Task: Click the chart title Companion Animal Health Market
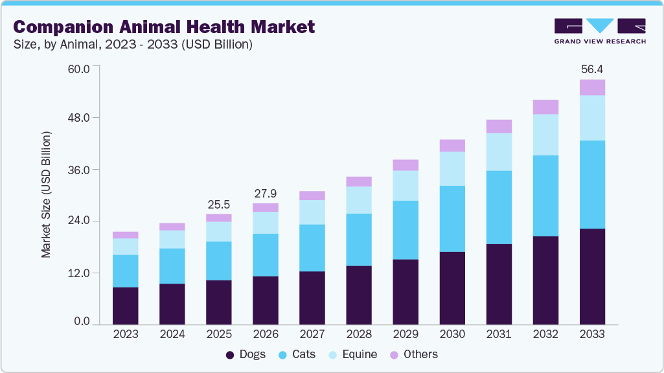tap(164, 27)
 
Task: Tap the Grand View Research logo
tap(599, 31)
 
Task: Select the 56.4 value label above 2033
tap(592, 69)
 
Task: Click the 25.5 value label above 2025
tap(219, 204)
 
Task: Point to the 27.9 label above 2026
tap(266, 193)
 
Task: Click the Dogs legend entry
tap(246, 354)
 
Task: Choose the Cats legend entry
tap(299, 354)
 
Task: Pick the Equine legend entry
tap(352, 354)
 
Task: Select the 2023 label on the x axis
tap(125, 334)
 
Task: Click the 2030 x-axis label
tap(452, 334)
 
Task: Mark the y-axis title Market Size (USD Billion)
tap(46, 195)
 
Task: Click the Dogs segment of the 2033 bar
tap(592, 277)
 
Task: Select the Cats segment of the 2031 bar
tap(499, 207)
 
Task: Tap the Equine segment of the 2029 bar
tap(406, 186)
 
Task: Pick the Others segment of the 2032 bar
tap(545, 107)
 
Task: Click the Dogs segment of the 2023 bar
tap(125, 306)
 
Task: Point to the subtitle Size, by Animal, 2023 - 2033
tap(133, 45)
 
